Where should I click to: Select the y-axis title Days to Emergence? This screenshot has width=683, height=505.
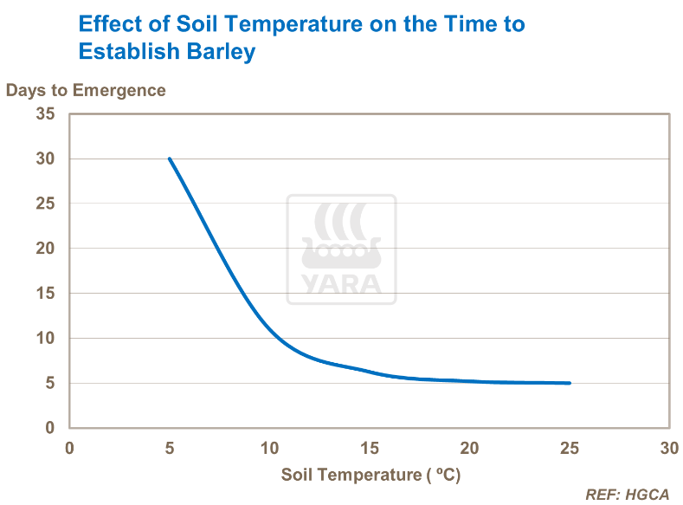pyautogui.click(x=86, y=90)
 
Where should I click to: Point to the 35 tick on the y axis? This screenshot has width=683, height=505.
pyautogui.click(x=45, y=113)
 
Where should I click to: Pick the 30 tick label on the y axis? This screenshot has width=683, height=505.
pyautogui.click(x=45, y=159)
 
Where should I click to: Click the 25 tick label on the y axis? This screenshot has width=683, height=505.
pyautogui.click(x=45, y=204)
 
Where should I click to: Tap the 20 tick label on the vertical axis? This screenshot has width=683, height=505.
pyautogui.click(x=45, y=249)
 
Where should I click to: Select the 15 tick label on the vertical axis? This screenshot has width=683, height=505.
pyautogui.click(x=45, y=294)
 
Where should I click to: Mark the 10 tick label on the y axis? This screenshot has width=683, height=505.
pyautogui.click(x=45, y=339)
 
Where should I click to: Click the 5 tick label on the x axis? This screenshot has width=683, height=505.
pyautogui.click(x=170, y=448)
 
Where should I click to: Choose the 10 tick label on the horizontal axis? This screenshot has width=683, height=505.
pyautogui.click(x=269, y=448)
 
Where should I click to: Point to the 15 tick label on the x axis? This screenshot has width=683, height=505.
pyautogui.click(x=370, y=448)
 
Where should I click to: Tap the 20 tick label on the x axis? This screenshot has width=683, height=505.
pyautogui.click(x=469, y=448)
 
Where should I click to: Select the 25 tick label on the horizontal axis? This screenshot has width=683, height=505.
pyautogui.click(x=569, y=448)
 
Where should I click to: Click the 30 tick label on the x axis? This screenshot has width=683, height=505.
pyautogui.click(x=668, y=448)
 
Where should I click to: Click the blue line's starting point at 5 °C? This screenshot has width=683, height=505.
pyautogui.click(x=170, y=159)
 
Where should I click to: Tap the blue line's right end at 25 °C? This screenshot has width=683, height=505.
pyautogui.click(x=569, y=383)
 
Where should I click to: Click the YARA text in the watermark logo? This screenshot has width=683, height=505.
pyautogui.click(x=342, y=284)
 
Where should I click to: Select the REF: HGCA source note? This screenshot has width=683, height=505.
pyautogui.click(x=628, y=495)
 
